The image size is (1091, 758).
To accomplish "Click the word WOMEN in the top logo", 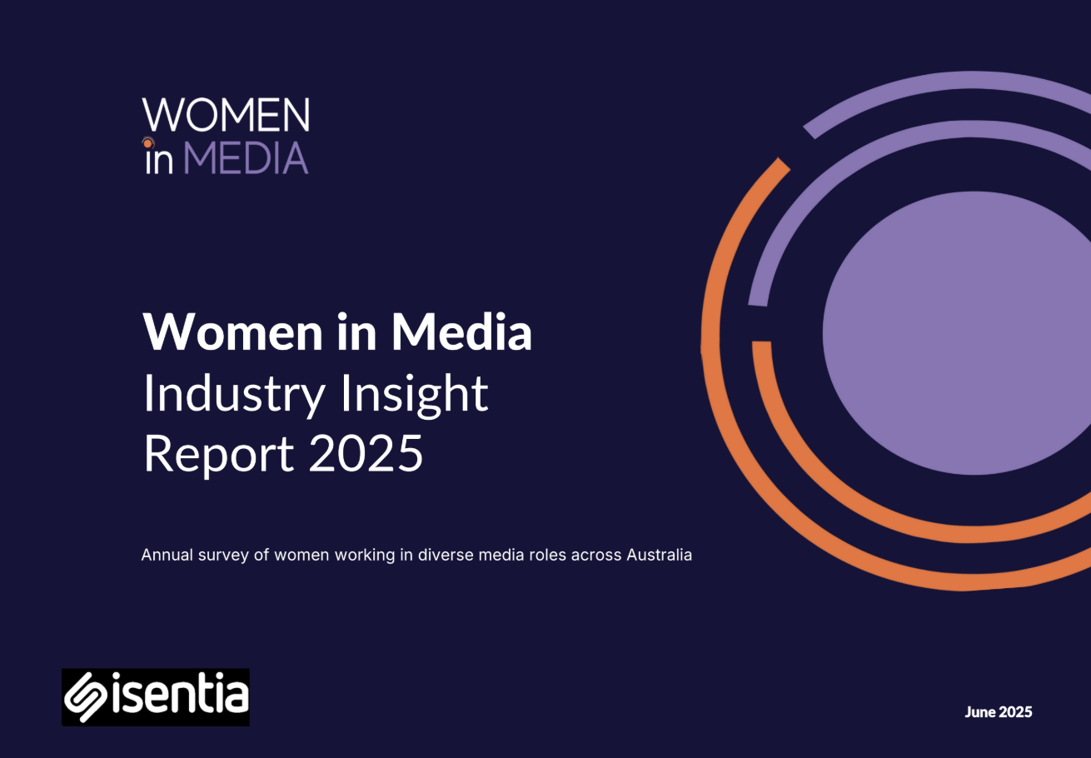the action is [x=226, y=114].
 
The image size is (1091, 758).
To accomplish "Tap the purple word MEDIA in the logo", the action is [x=246, y=159].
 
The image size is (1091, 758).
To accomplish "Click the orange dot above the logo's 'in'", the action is [x=147, y=144].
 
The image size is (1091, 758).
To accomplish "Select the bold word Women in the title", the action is [x=233, y=332].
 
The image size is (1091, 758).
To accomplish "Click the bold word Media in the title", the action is [x=461, y=332].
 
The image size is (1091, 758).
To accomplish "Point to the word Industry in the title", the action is [x=234, y=394].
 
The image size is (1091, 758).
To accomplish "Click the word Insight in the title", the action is [x=414, y=394].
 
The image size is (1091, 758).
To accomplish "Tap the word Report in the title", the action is [x=219, y=455].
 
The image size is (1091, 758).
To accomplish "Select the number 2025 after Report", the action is [x=366, y=453].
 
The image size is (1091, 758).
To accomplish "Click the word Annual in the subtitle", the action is [x=167, y=555].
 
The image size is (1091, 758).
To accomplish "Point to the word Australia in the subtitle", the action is [x=659, y=555].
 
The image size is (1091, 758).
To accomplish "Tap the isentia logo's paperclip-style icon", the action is [x=86, y=697].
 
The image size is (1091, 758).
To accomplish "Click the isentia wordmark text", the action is [x=180, y=693].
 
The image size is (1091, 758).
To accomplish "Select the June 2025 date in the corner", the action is [x=999, y=712].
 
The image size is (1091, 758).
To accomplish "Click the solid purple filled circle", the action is [x=957, y=333].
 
